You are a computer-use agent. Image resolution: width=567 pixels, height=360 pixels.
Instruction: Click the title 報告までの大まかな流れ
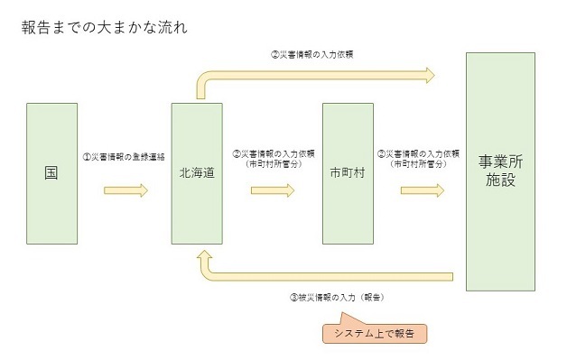(x=104, y=26)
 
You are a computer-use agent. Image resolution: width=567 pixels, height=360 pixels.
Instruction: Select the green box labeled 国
(x=51, y=172)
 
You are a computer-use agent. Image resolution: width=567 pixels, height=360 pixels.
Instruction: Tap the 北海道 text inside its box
(x=197, y=172)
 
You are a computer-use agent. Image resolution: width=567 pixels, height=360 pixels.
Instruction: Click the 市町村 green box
(x=348, y=172)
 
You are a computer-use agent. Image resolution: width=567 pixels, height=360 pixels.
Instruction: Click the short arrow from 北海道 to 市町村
(x=273, y=190)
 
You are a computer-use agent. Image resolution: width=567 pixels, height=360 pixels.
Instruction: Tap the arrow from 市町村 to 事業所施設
(x=423, y=190)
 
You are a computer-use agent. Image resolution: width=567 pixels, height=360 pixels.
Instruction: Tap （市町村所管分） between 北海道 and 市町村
(x=273, y=164)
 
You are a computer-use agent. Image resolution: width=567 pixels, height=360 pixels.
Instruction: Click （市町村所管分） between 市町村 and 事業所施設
(x=423, y=164)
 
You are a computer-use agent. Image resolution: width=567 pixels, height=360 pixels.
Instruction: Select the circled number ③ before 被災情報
(x=293, y=296)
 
